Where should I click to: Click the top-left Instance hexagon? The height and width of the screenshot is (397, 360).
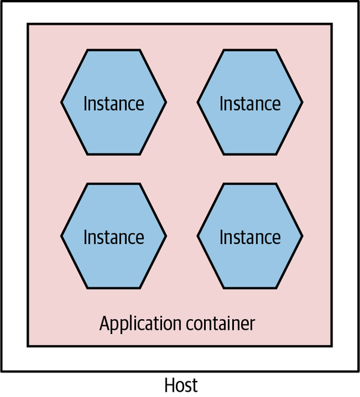click(x=113, y=103)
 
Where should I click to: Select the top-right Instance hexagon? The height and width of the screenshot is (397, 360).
click(x=250, y=103)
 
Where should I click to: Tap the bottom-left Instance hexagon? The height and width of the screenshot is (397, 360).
click(x=113, y=236)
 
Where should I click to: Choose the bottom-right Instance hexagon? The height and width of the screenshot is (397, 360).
click(x=250, y=236)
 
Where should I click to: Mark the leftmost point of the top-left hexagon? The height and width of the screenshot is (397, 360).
click(x=62, y=103)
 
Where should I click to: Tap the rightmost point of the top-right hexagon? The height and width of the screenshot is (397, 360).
click(x=302, y=103)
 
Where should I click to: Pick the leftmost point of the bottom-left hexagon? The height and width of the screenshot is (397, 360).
click(x=62, y=236)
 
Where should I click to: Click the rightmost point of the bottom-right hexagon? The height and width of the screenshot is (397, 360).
click(x=302, y=236)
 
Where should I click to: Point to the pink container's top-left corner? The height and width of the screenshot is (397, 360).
click(x=28, y=24)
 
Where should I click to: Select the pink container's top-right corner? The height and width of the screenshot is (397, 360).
click(x=332, y=24)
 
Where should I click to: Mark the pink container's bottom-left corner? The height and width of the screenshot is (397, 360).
click(x=28, y=346)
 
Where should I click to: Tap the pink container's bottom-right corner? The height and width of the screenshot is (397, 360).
click(x=332, y=346)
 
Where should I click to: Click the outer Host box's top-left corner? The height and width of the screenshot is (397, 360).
click(x=1, y=1)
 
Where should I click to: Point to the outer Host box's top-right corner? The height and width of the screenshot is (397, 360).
click(x=358, y=1)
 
